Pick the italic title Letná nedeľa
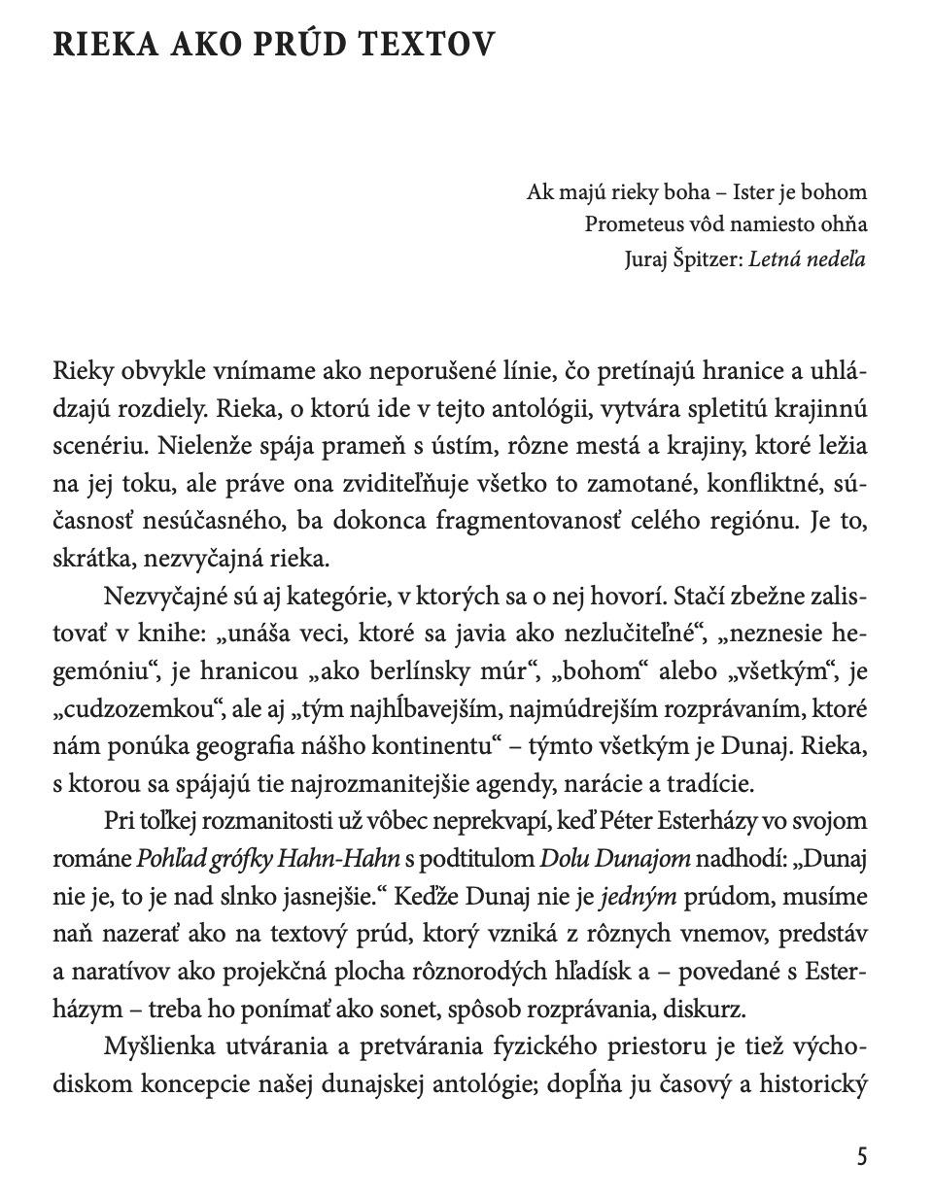click(x=808, y=258)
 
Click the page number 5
click(x=862, y=1156)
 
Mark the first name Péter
click(x=630, y=820)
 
